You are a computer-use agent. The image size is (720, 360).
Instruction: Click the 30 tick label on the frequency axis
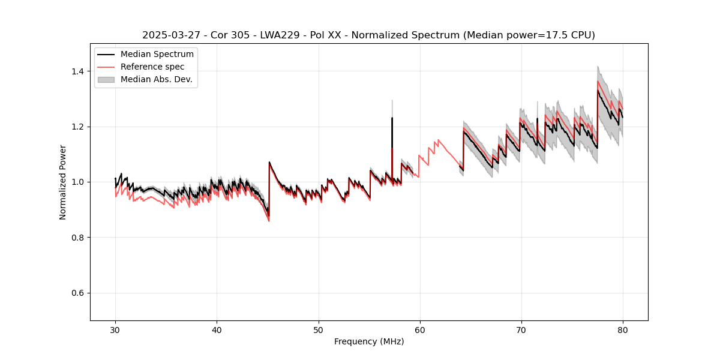click(x=115, y=330)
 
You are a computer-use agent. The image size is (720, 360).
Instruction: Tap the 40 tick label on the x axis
click(x=217, y=330)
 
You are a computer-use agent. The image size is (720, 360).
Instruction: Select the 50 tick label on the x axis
click(x=318, y=330)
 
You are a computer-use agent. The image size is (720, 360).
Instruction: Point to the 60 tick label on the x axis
click(x=419, y=330)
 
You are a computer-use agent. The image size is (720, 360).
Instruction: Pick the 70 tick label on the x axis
click(x=521, y=330)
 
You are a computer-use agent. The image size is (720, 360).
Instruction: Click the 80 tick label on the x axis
click(x=622, y=330)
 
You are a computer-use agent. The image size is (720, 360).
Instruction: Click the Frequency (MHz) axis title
click(x=369, y=341)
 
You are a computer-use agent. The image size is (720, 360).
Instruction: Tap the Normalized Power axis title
click(x=63, y=182)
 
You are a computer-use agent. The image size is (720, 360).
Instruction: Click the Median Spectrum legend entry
click(x=157, y=55)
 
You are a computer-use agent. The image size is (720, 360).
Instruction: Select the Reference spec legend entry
click(x=152, y=67)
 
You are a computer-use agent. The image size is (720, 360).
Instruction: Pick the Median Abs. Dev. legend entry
click(x=156, y=79)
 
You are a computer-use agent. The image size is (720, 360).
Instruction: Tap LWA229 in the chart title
click(x=279, y=35)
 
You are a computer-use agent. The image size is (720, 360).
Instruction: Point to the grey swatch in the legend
click(x=107, y=79)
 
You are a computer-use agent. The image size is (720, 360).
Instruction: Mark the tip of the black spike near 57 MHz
click(x=392, y=118)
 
